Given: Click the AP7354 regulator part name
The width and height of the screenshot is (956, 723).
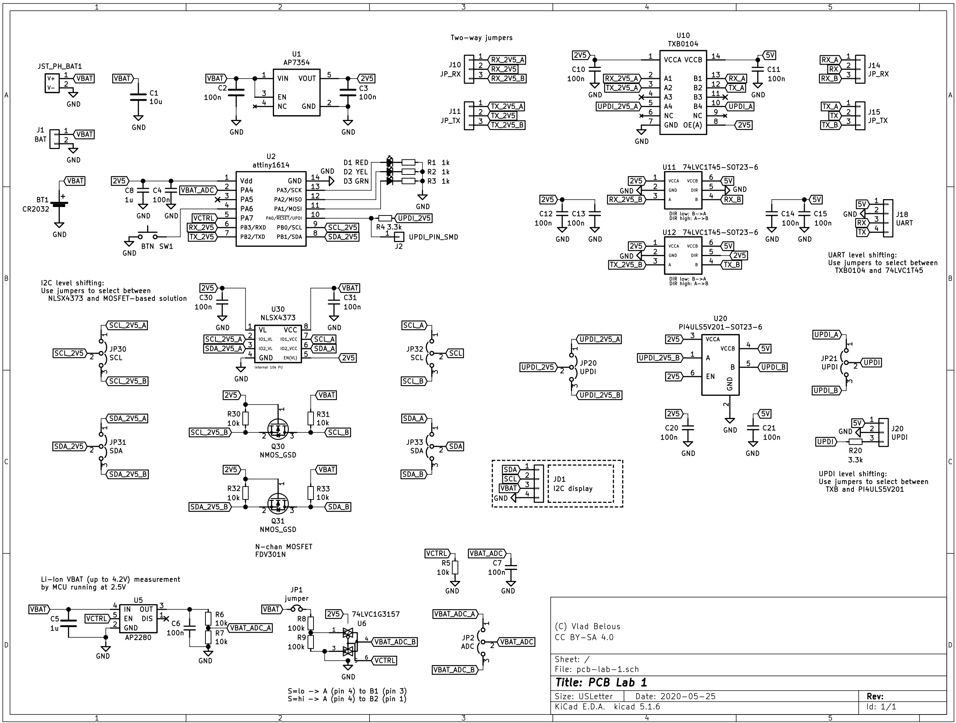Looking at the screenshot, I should (296, 62).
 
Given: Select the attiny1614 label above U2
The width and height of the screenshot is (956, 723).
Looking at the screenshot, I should (271, 165).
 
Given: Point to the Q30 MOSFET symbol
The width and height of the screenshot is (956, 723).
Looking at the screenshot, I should (278, 429).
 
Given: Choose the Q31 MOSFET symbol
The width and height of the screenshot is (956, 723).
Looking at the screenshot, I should (278, 503).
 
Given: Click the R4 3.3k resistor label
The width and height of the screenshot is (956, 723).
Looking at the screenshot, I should (388, 227).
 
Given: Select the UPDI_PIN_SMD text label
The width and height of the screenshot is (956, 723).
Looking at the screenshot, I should (433, 237).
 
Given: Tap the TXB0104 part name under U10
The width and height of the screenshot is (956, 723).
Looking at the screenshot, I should (683, 44).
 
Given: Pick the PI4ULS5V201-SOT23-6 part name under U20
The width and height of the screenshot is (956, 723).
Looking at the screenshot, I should (720, 327).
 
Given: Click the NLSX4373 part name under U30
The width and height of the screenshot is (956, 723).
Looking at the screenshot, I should (278, 318).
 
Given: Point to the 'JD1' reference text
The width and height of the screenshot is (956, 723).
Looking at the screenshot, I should (559, 479).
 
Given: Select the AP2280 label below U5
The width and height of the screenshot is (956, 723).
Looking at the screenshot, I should (138, 637).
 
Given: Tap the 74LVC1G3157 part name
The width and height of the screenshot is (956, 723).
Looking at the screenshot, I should (375, 614).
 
